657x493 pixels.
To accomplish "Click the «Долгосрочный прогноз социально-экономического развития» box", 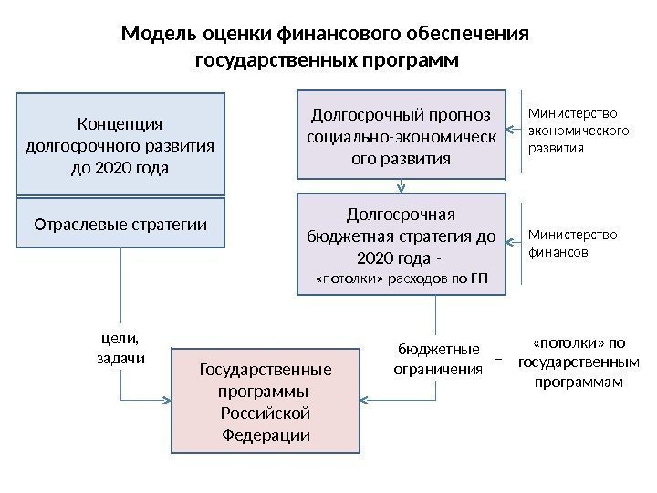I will [x=401, y=134].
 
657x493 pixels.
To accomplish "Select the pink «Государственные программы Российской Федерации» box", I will [x=266, y=402].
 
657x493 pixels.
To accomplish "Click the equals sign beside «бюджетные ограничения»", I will [x=498, y=361].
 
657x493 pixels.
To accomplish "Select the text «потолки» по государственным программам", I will [x=578, y=362].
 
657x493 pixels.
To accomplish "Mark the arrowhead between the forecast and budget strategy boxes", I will [x=401, y=189].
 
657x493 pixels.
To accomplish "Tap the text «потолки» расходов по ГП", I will [x=401, y=278].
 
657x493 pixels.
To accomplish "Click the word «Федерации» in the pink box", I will [x=266, y=435].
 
